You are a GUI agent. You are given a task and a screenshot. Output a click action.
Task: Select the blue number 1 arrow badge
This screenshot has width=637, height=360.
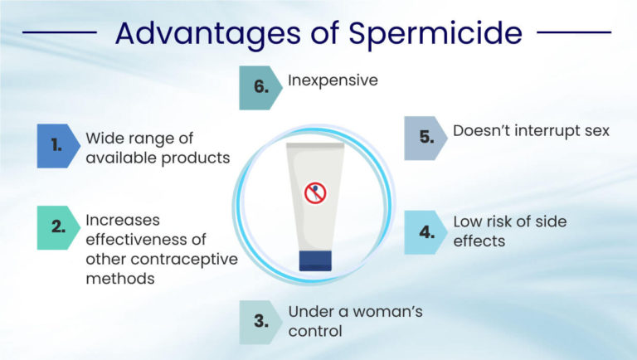click(56, 145)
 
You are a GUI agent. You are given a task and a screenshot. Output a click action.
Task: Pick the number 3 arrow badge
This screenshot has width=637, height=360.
click(260, 322)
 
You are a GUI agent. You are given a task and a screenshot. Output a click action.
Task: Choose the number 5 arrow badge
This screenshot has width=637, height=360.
click(425, 138)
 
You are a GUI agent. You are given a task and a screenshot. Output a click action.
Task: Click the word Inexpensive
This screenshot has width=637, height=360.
click(333, 81)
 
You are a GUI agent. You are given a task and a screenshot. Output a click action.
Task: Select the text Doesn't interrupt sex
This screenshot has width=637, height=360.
click(532, 131)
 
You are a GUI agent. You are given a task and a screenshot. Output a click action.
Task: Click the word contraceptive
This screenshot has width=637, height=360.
click(188, 259)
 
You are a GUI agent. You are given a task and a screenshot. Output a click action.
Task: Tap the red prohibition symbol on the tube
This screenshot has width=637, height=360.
click(315, 192)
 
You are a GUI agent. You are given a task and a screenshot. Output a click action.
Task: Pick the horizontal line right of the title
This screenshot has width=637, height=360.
click(574, 34)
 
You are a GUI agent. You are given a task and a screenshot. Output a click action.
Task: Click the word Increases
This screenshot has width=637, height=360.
click(122, 221)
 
